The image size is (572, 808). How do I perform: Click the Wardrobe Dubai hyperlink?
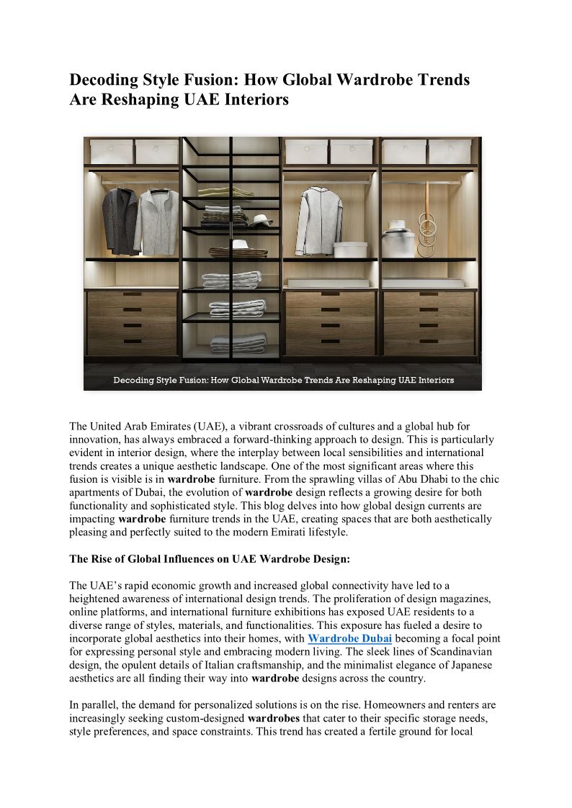pos(349,638)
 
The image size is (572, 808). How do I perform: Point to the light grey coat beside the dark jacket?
pos(156,221)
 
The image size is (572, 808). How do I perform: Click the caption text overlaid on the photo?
pos(283,380)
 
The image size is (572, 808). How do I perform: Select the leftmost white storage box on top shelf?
pos(111,152)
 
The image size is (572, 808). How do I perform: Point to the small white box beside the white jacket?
pos(350,249)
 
